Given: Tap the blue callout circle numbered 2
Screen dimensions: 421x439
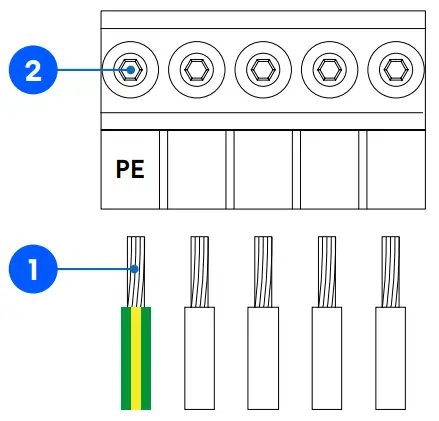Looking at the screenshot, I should click(x=32, y=70).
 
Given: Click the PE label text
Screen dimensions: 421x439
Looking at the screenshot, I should click(x=130, y=169).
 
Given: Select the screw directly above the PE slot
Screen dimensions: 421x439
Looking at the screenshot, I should click(x=129, y=70).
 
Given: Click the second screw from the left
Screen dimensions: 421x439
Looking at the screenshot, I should click(x=195, y=70).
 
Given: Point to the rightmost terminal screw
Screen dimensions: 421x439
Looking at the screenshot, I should click(x=393, y=70).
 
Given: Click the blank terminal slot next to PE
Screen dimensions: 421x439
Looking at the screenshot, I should click(x=196, y=169).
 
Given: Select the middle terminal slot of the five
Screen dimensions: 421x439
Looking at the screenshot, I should click(x=262, y=169).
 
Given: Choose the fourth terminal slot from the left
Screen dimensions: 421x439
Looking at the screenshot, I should click(x=328, y=169).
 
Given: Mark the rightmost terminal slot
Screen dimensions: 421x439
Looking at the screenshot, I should click(x=394, y=169).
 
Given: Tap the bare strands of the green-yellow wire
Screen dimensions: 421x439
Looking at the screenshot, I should click(x=136, y=271).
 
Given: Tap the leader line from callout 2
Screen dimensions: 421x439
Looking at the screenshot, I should click(x=85, y=70).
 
